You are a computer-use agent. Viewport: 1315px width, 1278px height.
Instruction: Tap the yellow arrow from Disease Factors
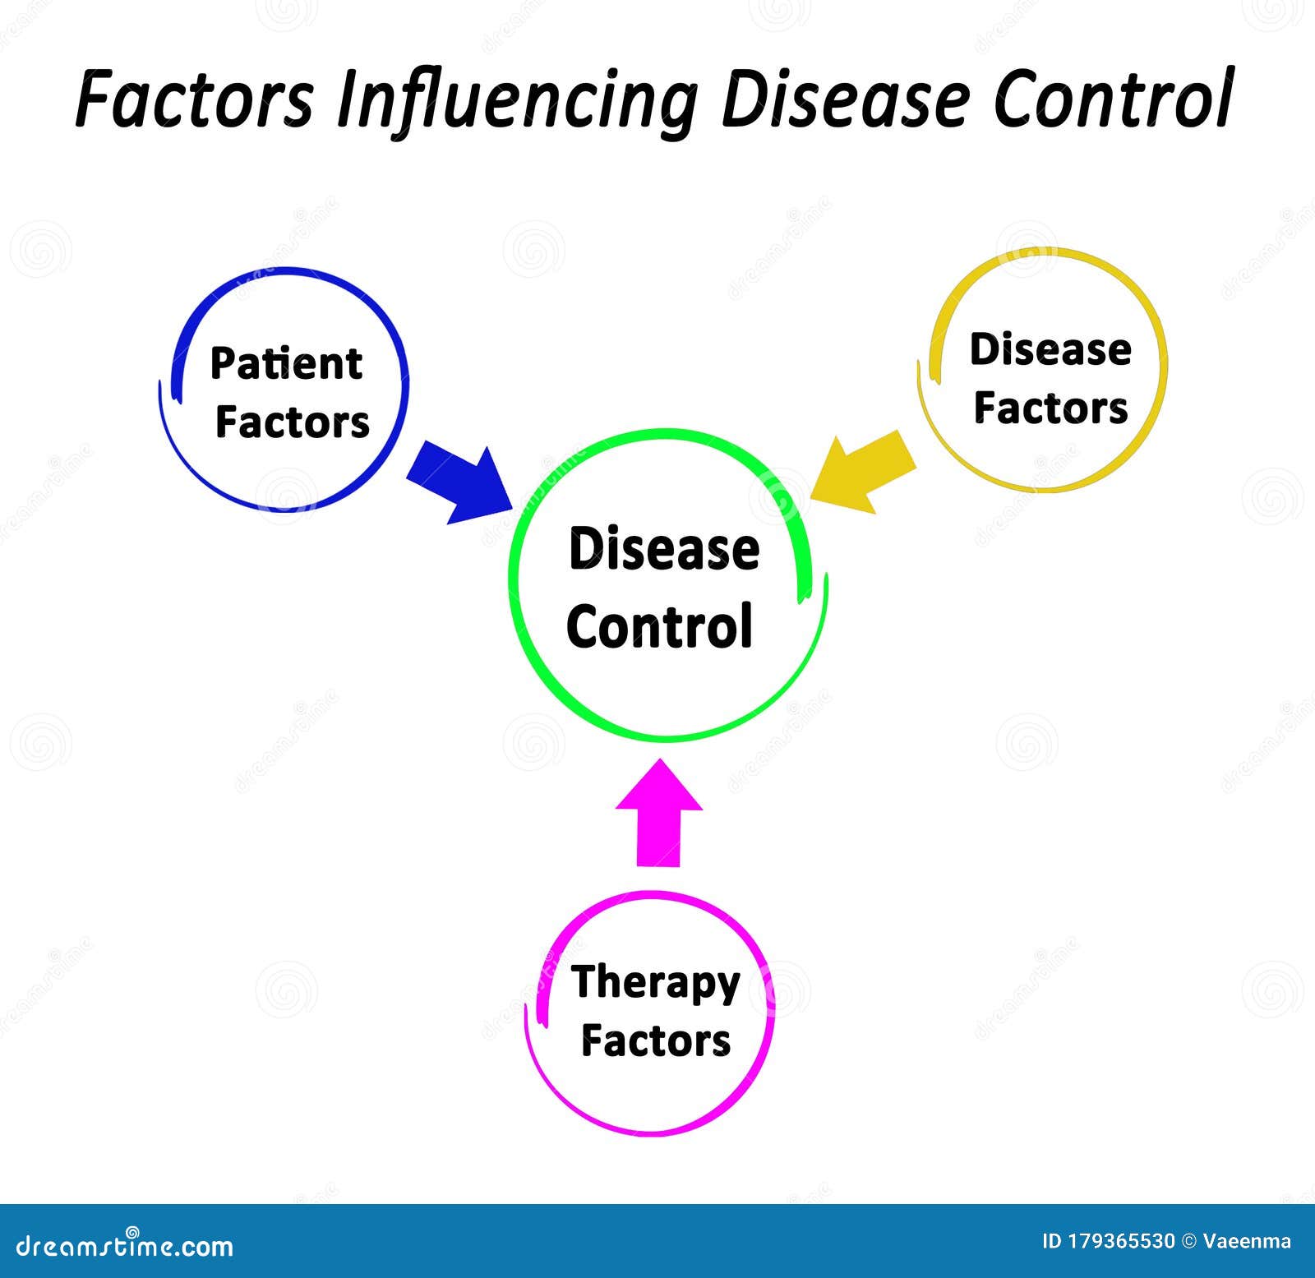point(863,472)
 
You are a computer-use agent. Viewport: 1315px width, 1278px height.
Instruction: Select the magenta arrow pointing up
point(658,812)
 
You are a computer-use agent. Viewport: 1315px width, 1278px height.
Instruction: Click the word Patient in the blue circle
point(286,363)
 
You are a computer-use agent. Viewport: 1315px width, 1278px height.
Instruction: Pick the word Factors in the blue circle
point(292,422)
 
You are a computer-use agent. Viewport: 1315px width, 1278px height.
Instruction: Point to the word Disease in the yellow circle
point(1050,349)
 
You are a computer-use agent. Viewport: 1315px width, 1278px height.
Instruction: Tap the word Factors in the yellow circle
point(1050,408)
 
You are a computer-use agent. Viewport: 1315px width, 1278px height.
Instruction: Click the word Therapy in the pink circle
point(655,983)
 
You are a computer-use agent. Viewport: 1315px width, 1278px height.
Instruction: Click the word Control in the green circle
point(659,625)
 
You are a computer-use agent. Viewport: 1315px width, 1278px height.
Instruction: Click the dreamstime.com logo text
point(124,1246)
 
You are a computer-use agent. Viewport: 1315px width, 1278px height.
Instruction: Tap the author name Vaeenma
point(1247,1241)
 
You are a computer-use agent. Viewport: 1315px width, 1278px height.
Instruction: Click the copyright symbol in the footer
point(1188,1241)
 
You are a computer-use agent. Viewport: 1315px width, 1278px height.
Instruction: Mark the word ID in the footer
point(1052,1241)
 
